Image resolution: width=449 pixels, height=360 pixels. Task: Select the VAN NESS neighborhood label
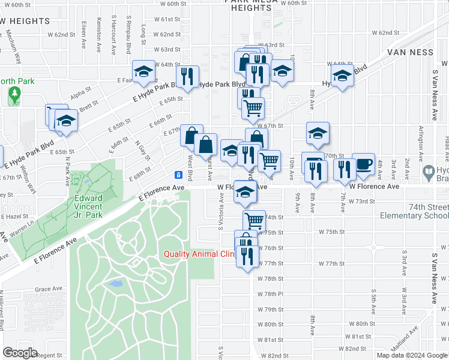[x=409, y=52]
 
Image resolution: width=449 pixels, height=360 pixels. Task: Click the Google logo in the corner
[x=20, y=353]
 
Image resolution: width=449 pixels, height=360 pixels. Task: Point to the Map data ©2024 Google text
[x=412, y=355]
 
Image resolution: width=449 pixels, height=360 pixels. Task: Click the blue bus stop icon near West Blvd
[x=178, y=175]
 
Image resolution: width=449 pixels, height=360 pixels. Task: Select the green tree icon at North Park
[x=13, y=94]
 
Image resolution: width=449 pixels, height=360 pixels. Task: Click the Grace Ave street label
[x=46, y=289]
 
